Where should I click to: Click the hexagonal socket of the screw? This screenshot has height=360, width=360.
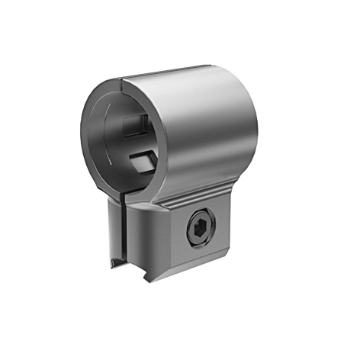click(x=200, y=228)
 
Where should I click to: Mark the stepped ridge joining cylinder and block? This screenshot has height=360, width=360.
click(x=183, y=200)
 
